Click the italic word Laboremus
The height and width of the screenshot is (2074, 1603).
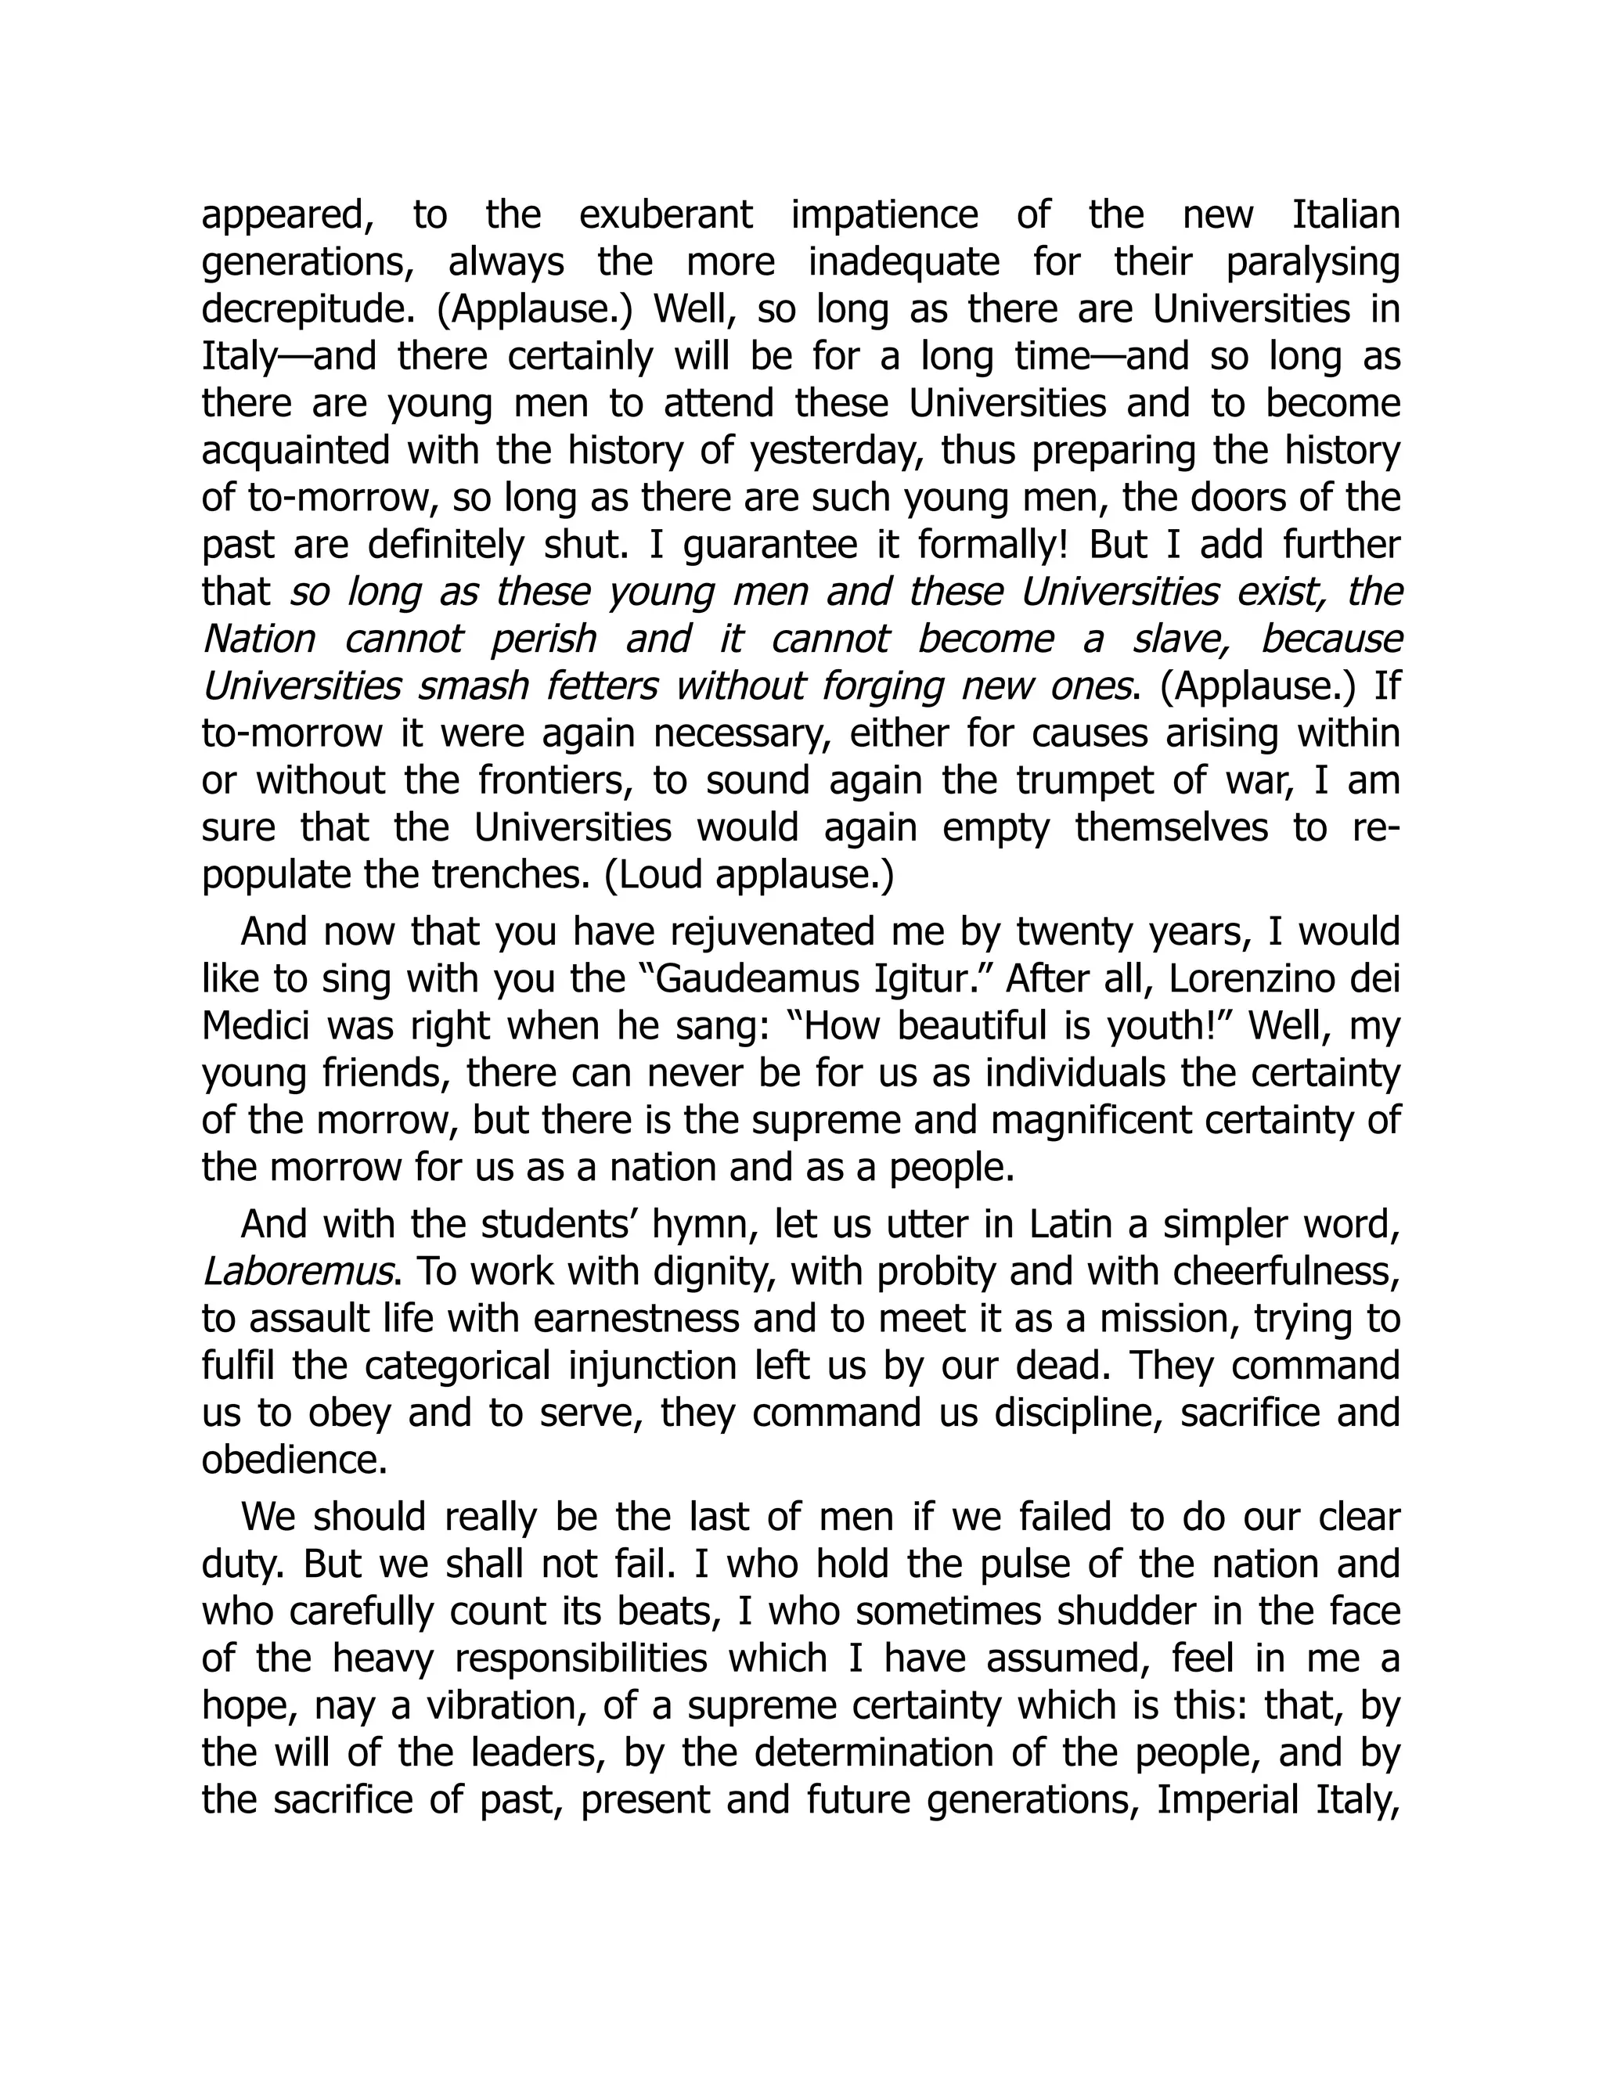(x=298, y=1273)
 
